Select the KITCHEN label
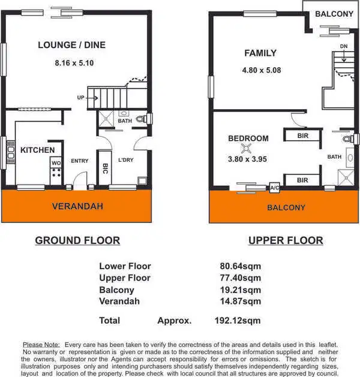coord(37,150)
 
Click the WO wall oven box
coord(56,162)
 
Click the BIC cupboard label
coord(106,168)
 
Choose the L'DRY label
coord(126,161)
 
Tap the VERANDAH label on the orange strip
coord(77,206)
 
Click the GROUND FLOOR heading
coord(77,240)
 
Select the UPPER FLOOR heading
coord(286,240)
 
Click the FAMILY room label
coord(260,53)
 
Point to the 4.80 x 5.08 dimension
coord(262,70)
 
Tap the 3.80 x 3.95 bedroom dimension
coord(247,159)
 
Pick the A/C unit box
coord(275,187)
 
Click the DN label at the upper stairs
coord(343,46)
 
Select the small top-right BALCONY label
coord(334,14)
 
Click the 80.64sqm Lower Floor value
coord(240,266)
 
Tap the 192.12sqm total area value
coord(238,321)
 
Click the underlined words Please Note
coord(41,345)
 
